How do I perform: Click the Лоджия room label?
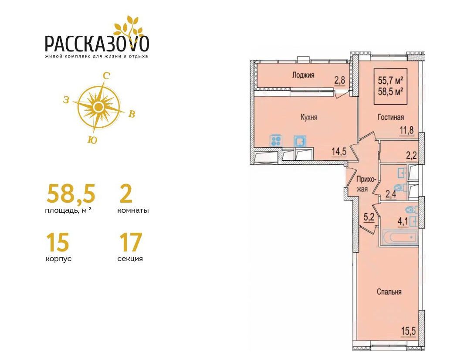point(303,75)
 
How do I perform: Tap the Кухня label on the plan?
point(309,117)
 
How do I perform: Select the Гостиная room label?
point(390,117)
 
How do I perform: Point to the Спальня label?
point(389,292)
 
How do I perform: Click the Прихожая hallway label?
point(366,184)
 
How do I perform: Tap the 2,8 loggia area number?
point(339,81)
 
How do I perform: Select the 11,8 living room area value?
point(406,131)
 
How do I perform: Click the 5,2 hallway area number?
point(369,217)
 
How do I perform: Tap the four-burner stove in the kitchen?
point(276,141)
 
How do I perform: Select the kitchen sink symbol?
point(300,141)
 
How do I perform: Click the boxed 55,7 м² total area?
point(391,81)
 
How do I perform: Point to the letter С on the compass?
point(106,76)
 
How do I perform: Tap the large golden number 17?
point(131,242)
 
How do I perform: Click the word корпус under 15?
point(58,259)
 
